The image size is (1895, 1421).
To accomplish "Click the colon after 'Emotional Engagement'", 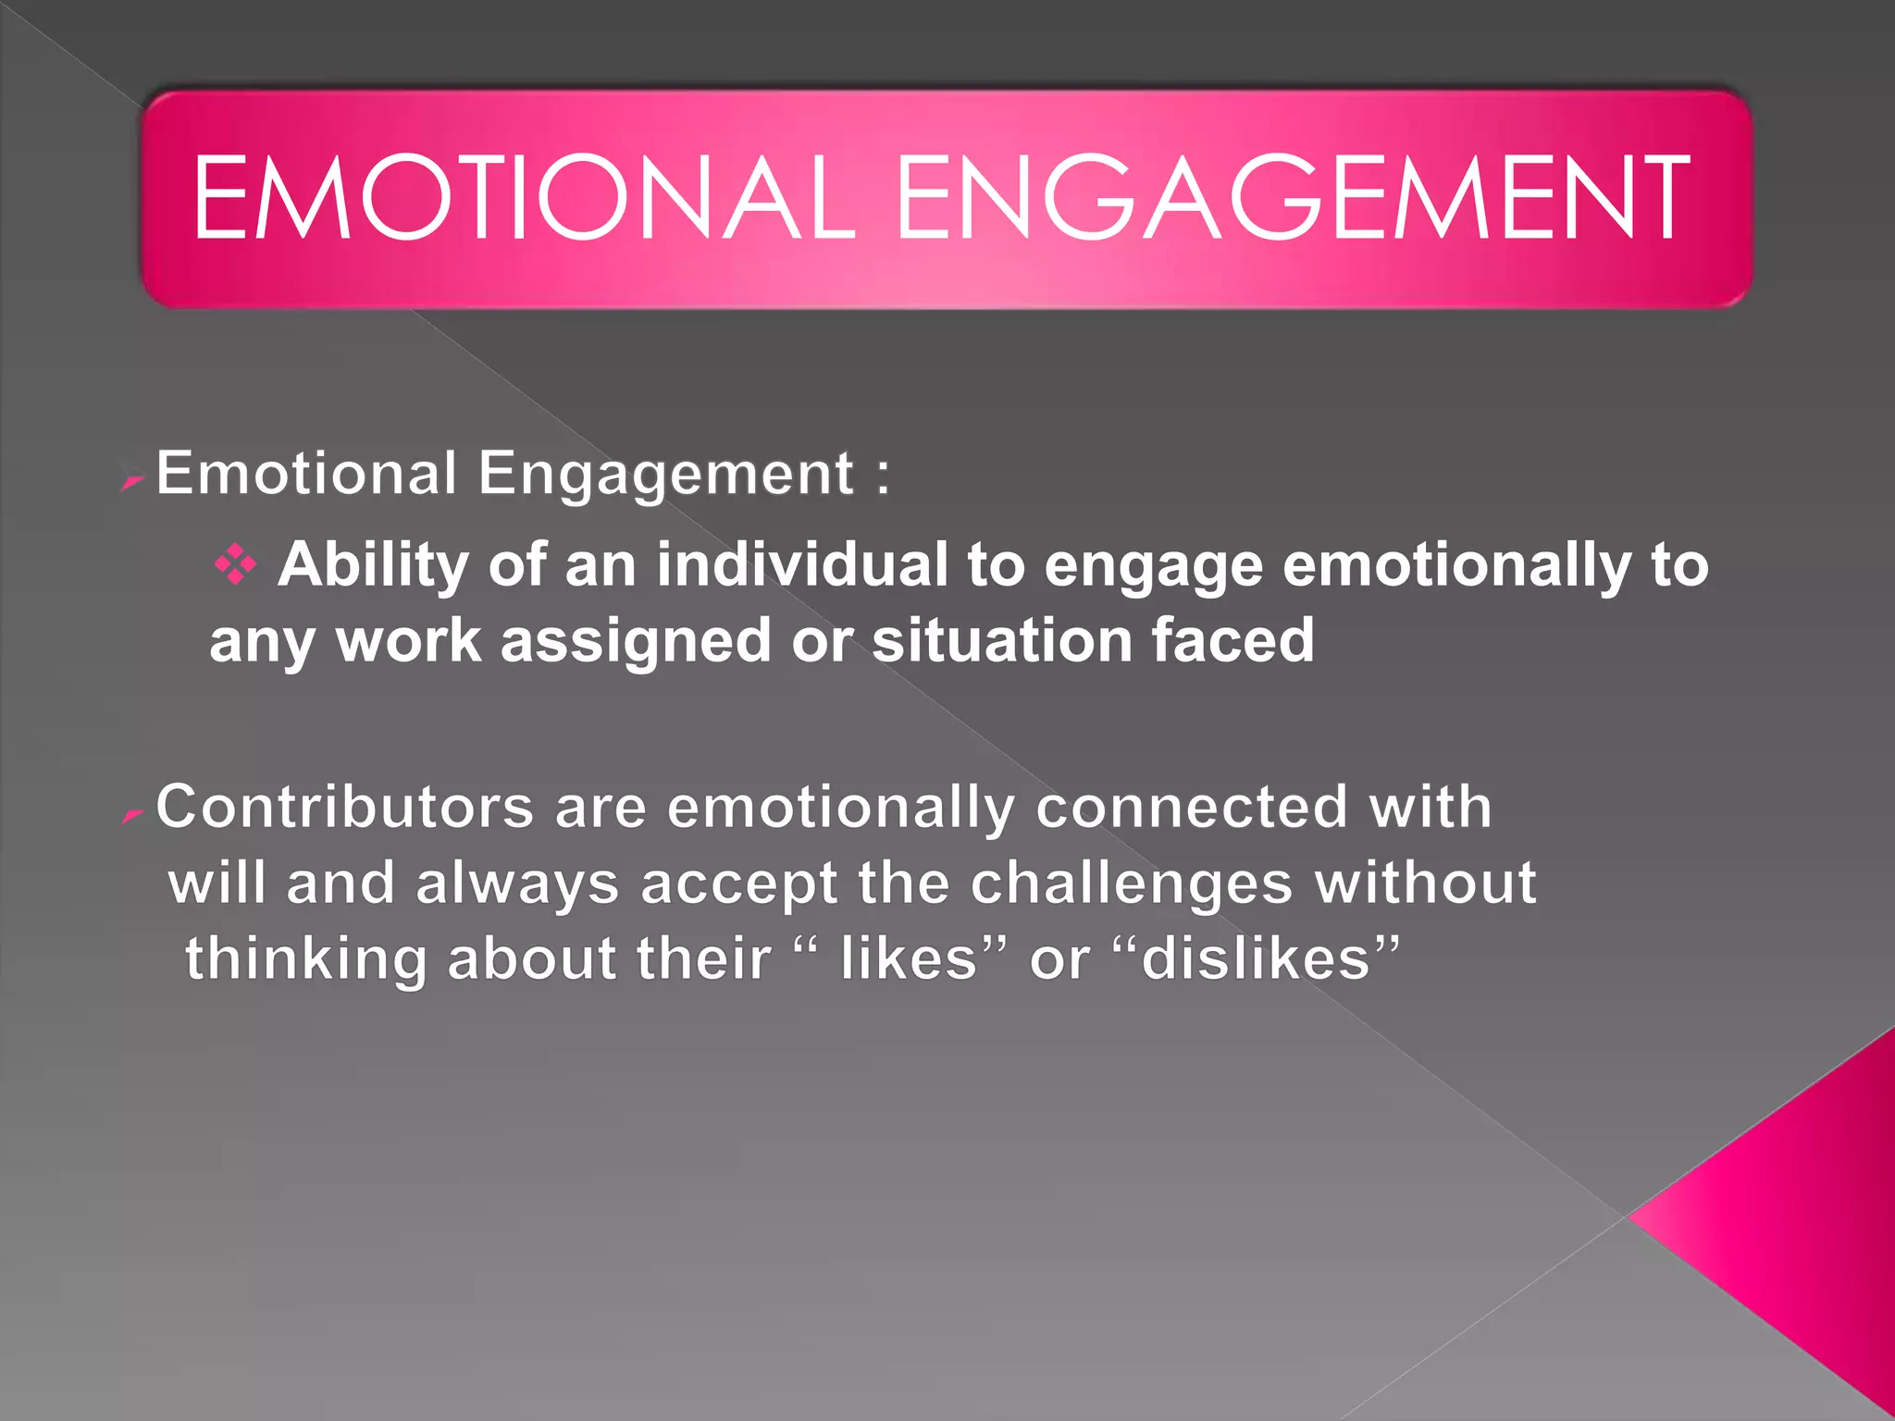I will (x=883, y=476).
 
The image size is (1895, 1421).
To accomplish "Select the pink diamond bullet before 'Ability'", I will (x=235, y=564).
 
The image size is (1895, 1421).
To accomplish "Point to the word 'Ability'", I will (x=373, y=565).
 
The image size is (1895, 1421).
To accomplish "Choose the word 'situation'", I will (x=1002, y=640).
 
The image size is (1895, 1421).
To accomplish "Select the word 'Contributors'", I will (x=344, y=807).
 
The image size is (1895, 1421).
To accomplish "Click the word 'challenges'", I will (x=1131, y=883).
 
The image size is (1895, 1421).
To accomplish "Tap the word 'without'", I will (x=1426, y=883).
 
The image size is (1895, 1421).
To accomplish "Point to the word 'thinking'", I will (x=305, y=958).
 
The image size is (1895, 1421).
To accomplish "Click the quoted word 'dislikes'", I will (x=1256, y=958).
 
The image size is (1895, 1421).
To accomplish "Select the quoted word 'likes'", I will (x=909, y=958).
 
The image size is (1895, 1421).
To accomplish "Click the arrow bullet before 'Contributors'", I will (x=133, y=815).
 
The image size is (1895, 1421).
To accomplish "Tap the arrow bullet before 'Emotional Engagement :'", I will (x=133, y=481).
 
